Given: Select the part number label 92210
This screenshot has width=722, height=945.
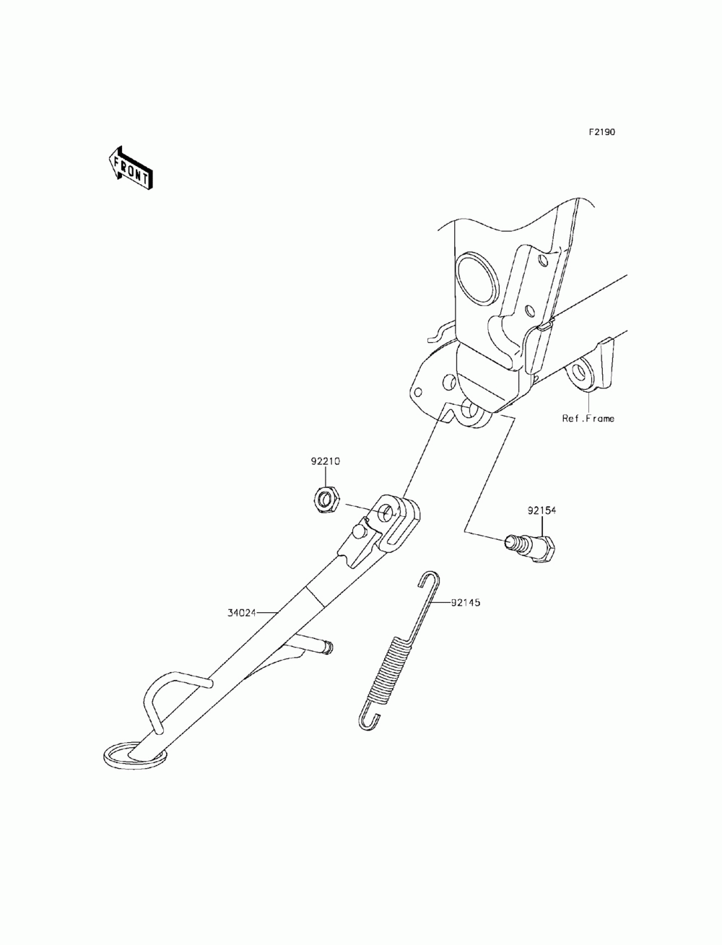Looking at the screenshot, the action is point(326,460).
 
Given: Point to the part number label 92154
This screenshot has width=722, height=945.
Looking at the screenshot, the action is point(541,510).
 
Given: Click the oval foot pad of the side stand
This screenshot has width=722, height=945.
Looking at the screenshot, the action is point(135,754).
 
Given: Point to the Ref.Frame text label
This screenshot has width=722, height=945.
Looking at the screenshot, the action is point(588,418).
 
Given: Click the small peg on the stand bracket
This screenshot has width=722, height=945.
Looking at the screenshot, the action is point(359,531).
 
